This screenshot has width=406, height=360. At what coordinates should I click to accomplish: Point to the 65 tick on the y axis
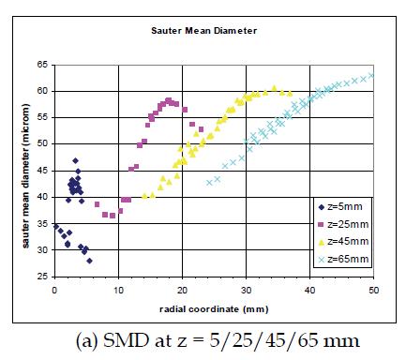43,65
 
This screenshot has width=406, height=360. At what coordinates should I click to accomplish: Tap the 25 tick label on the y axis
43,277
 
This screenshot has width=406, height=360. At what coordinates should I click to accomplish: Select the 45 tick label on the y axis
43,171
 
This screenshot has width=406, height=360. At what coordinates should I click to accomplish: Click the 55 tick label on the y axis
43,118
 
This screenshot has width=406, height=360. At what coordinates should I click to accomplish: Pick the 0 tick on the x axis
54,290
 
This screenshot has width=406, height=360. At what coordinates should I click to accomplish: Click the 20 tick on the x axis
182,290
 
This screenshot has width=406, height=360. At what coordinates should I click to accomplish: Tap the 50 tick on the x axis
373,290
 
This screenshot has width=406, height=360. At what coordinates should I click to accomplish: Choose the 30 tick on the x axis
246,290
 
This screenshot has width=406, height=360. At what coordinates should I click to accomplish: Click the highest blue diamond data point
75,161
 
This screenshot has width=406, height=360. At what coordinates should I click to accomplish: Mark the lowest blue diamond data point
89,262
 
